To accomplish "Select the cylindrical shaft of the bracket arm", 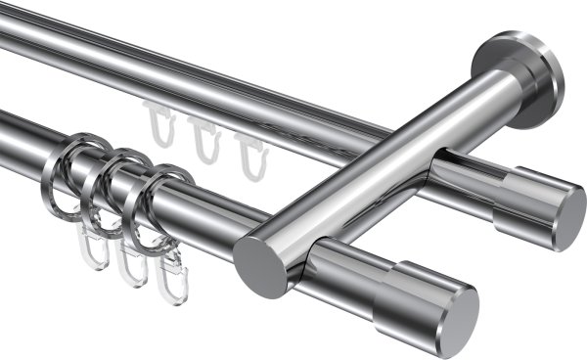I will [x=391, y=166].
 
